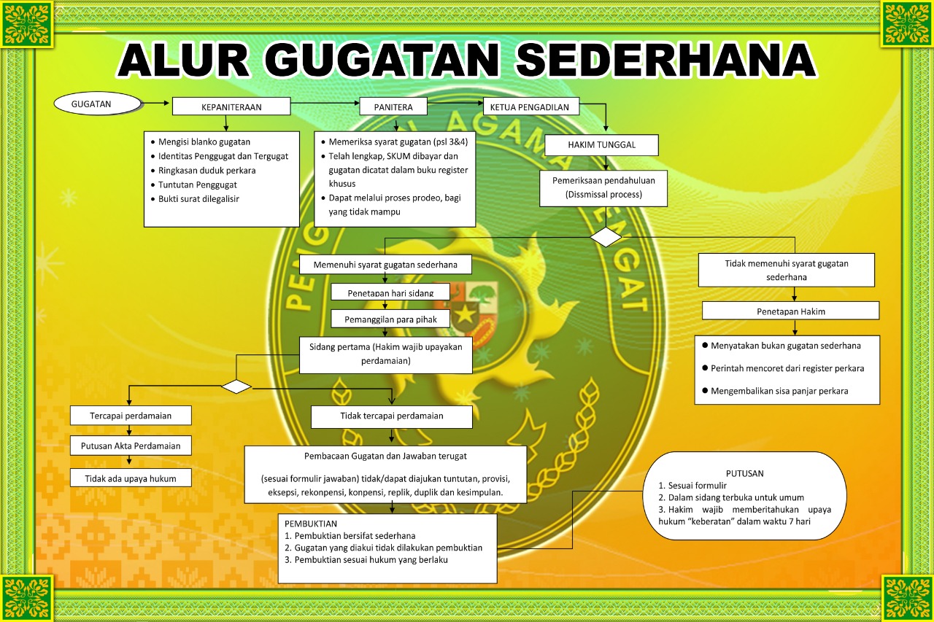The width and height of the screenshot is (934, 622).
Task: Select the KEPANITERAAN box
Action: point(231,106)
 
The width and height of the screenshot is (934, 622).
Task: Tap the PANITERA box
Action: point(393,106)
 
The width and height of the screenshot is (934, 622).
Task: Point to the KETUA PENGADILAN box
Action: point(530,106)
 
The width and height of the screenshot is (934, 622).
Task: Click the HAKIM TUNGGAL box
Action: point(601,145)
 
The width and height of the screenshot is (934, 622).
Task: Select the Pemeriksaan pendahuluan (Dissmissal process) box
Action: point(603,188)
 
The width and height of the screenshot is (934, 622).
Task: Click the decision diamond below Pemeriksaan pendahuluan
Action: point(606,237)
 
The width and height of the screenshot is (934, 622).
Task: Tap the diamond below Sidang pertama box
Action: point(236,386)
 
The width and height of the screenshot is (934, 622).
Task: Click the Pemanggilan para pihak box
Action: point(390,319)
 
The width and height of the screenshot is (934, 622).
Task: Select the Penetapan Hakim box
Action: point(790,311)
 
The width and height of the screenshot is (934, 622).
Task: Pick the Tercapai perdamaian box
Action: point(131,415)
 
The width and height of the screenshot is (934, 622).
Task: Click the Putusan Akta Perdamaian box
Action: point(130,445)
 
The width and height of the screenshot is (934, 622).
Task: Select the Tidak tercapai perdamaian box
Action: point(391,416)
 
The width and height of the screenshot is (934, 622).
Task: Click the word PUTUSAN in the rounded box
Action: point(744,473)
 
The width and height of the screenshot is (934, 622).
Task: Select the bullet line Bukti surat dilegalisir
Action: point(198,198)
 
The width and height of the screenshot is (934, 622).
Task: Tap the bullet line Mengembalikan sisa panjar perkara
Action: point(779,391)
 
